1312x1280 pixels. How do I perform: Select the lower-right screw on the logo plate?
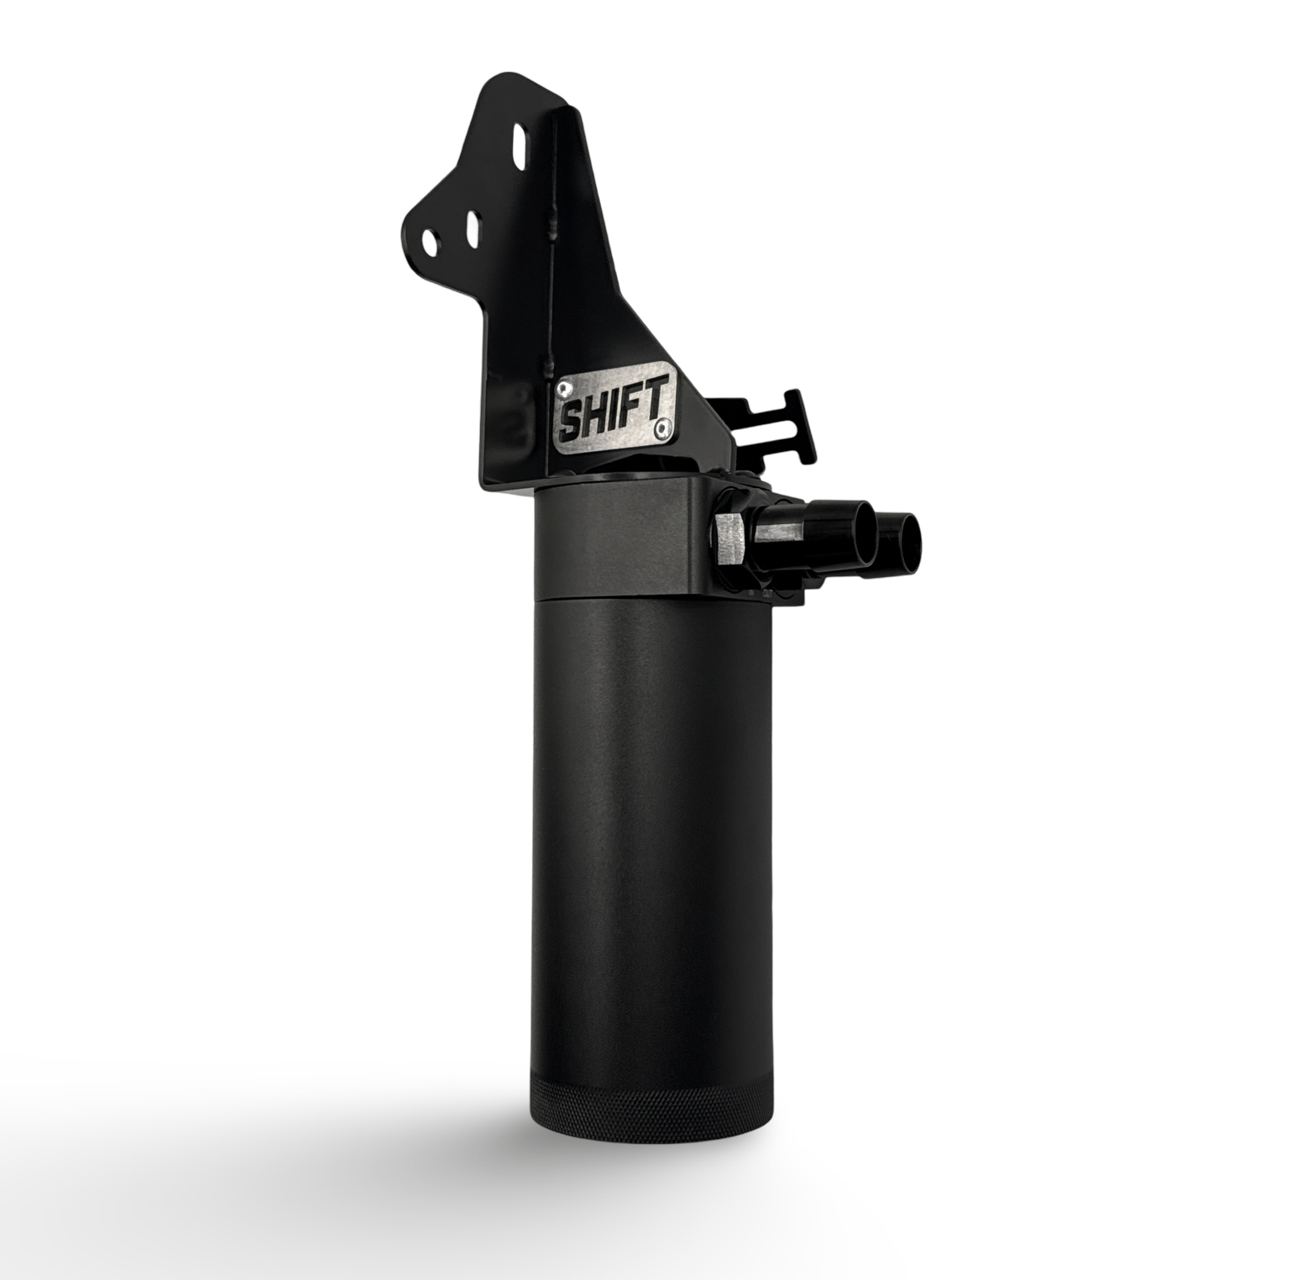coord(666,428)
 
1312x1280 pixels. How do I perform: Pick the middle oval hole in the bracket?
coord(472,226)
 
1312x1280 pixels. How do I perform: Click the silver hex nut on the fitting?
coord(729,543)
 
